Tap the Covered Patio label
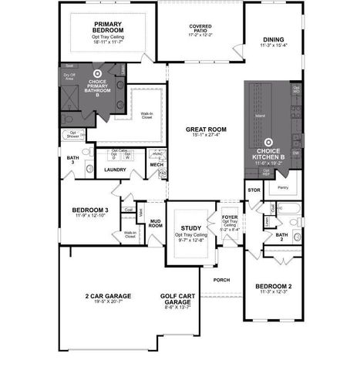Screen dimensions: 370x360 tap(200, 28)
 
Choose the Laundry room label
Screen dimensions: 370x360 tap(115, 170)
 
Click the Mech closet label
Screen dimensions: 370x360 tap(156, 165)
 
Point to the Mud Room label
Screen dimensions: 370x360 tap(156, 224)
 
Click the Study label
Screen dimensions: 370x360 tap(190, 228)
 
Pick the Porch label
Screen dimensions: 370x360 tap(221, 279)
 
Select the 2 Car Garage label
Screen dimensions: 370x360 tap(108, 296)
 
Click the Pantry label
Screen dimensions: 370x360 tap(282, 187)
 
